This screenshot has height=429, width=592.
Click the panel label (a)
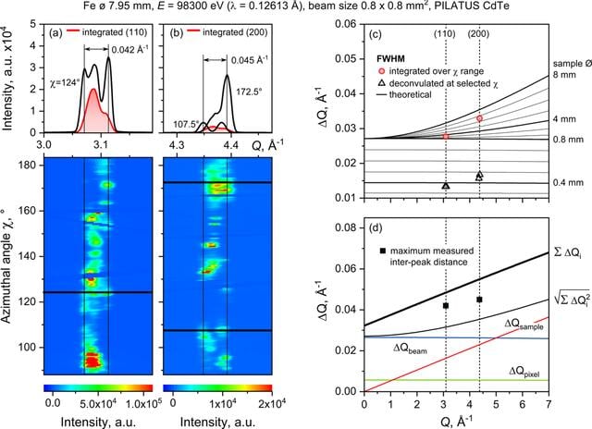tap(55, 32)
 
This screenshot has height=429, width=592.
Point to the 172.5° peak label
tap(249, 92)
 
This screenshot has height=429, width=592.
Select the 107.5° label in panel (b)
tap(186, 124)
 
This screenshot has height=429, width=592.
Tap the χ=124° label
tap(65, 82)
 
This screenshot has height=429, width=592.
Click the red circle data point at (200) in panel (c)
tap(479, 118)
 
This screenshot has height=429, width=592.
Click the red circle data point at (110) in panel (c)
tap(446, 136)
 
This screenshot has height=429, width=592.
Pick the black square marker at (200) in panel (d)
tap(479, 300)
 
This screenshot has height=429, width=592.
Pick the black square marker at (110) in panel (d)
tap(446, 306)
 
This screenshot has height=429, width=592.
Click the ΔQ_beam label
tap(411, 349)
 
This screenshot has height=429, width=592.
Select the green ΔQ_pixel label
tap(524, 373)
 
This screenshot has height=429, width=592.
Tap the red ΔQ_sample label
tap(524, 325)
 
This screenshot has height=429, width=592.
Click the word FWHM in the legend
tap(390, 59)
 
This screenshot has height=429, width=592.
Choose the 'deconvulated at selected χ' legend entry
tap(438, 83)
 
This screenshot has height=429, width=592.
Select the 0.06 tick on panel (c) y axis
tap(345, 24)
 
